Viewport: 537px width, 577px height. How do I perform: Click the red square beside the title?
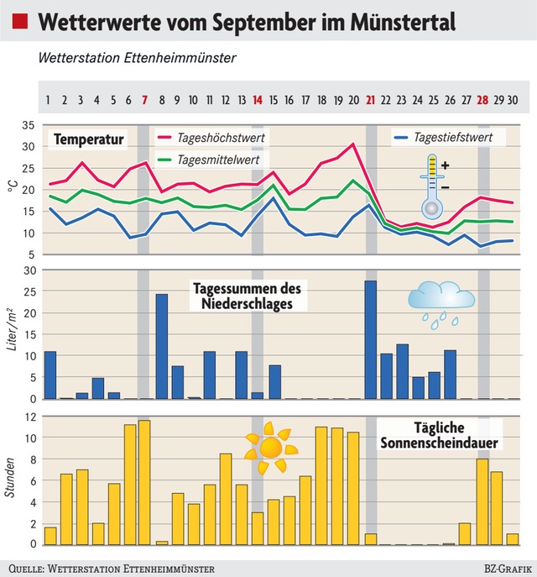pyautogui.click(x=22, y=22)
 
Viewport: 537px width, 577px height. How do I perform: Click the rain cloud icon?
pyautogui.click(x=441, y=302)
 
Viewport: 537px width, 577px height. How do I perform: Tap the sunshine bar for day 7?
pyautogui.click(x=144, y=482)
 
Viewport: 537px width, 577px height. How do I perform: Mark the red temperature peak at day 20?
pyautogui.click(x=353, y=144)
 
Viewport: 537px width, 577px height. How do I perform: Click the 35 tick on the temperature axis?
pyautogui.click(x=28, y=125)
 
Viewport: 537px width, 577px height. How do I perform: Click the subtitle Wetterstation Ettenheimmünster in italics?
pyautogui.click(x=137, y=59)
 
